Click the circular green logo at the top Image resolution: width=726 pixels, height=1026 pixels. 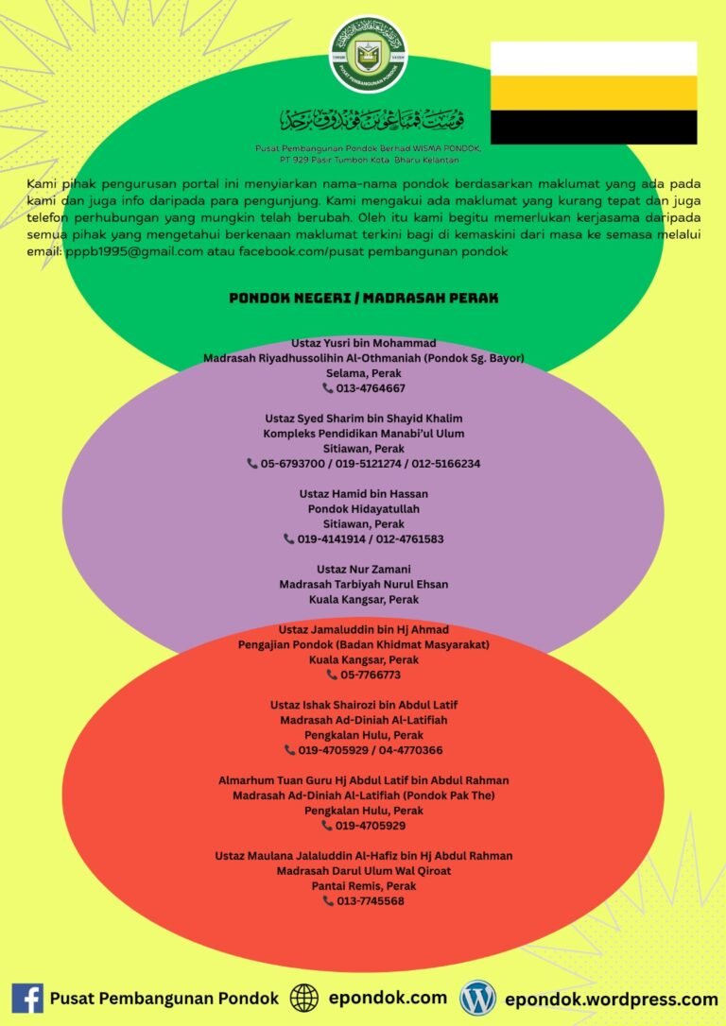[x=368, y=55]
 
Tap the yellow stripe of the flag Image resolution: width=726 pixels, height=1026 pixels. [x=594, y=93]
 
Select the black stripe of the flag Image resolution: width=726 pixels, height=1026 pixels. [x=594, y=127]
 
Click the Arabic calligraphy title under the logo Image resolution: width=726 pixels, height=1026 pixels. [x=372, y=120]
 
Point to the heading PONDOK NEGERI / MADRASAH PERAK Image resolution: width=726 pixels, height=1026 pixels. [x=363, y=299]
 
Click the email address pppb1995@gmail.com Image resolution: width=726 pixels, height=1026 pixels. [x=134, y=251]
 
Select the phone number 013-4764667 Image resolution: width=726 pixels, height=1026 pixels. [x=371, y=388]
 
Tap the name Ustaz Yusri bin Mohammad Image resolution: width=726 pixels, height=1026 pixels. [x=363, y=343]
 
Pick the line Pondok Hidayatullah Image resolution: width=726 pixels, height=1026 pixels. [x=363, y=508]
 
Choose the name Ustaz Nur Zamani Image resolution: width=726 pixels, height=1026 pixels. [x=363, y=570]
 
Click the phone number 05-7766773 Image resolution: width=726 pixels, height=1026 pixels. [x=371, y=675]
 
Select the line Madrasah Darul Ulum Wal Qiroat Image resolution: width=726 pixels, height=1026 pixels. [x=363, y=871]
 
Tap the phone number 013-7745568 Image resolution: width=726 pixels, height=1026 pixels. [x=370, y=901]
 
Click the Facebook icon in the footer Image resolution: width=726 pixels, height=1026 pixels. [x=27, y=999]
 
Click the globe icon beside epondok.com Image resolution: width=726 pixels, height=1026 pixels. [x=304, y=999]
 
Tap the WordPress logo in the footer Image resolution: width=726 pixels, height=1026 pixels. [x=478, y=999]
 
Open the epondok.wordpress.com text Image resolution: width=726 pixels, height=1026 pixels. [x=612, y=1000]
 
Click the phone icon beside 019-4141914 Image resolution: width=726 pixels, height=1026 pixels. [x=288, y=539]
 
